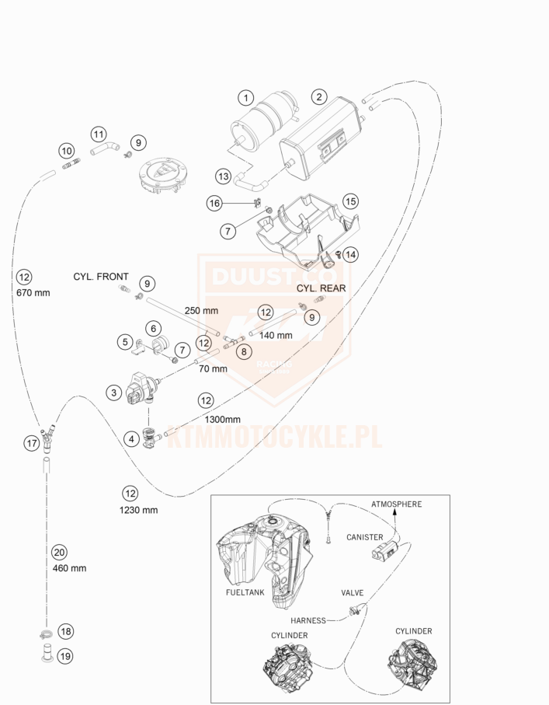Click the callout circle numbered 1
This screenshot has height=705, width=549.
(245, 98)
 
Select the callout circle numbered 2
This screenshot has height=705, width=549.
(318, 97)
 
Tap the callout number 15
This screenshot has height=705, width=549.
(350, 201)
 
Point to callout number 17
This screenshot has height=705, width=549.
(31, 443)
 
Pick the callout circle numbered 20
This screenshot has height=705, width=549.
(59, 553)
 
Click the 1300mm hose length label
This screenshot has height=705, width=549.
(224, 419)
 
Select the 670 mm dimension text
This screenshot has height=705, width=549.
(32, 293)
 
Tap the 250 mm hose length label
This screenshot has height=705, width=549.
(201, 310)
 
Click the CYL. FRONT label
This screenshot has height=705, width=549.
(101, 277)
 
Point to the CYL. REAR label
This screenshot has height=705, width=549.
(321, 288)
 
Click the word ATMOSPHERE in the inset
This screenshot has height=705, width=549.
(396, 504)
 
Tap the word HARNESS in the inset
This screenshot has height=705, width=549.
(308, 621)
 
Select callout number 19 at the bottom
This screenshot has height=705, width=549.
(64, 656)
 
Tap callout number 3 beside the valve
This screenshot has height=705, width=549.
(113, 393)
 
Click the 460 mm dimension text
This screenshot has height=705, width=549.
(70, 568)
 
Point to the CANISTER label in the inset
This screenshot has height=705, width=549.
(365, 537)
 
